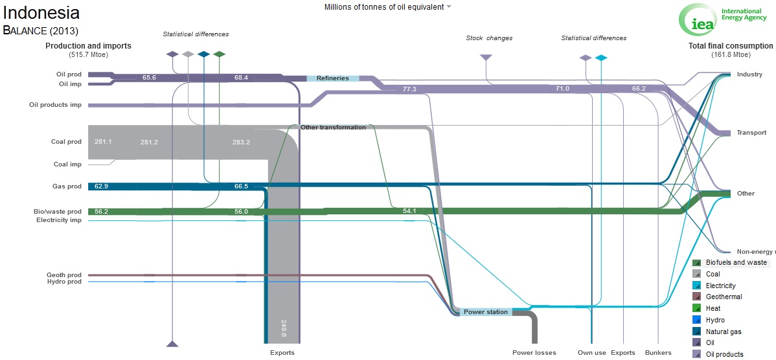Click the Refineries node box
[x=332, y=78]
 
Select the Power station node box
[x=486, y=312]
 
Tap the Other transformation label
[x=333, y=127]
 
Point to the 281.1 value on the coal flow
[x=103, y=141]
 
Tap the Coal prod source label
[x=66, y=141]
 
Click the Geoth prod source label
[x=64, y=275]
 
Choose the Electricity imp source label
[x=59, y=220]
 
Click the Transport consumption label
[x=752, y=133]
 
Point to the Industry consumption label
[x=749, y=74]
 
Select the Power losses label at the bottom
[x=534, y=353]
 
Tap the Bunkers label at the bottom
[x=658, y=353]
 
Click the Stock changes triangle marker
[x=486, y=58]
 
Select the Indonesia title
[x=41, y=14]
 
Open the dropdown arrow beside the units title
[x=448, y=7]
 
